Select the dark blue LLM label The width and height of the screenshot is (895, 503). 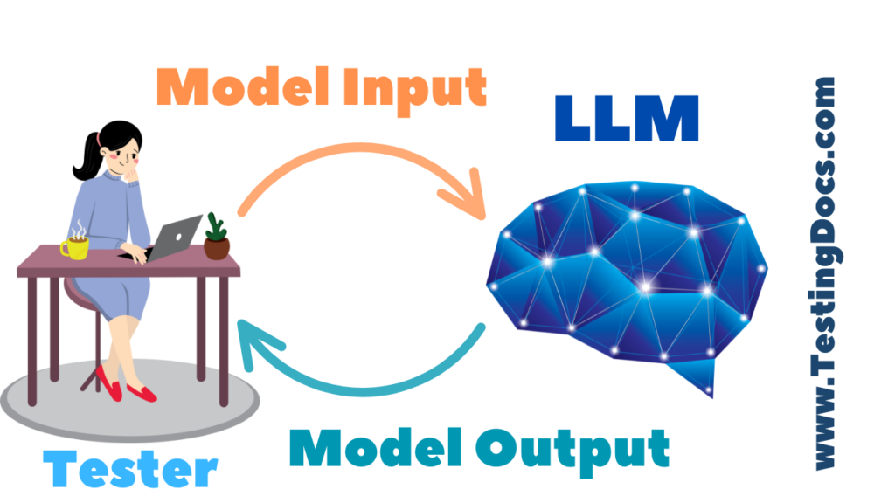coord(627,119)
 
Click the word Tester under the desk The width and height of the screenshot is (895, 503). coord(130,469)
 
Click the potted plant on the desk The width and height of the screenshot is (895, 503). coord(216,236)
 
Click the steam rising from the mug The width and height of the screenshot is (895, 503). coord(79,228)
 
